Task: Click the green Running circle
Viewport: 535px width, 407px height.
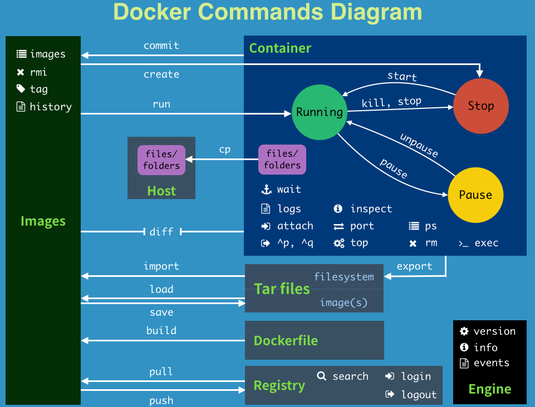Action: [320, 112]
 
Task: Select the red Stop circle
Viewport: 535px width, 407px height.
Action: [480, 106]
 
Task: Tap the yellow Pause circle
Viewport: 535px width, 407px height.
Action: [475, 195]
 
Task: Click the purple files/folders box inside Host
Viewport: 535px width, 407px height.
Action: [161, 160]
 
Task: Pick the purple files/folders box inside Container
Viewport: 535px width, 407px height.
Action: [282, 160]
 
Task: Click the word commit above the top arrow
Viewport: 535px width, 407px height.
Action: [161, 46]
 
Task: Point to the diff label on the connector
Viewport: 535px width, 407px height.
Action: [161, 231]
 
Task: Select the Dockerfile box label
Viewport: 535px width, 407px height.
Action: [286, 340]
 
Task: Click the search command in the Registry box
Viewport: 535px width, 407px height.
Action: [350, 376]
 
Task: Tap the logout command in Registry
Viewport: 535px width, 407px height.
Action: [419, 395]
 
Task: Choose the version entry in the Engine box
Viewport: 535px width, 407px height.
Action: [494, 331]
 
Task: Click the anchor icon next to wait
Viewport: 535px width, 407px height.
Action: [266, 190]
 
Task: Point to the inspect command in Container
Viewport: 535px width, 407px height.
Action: [371, 209]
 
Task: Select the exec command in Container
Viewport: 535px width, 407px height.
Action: [486, 243]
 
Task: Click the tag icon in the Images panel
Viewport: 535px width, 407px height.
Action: [21, 89]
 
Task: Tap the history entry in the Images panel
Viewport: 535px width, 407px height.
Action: [51, 107]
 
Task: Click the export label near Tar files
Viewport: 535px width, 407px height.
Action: [414, 266]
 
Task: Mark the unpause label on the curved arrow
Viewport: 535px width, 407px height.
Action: [419, 145]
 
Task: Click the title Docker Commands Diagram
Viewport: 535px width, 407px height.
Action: [267, 12]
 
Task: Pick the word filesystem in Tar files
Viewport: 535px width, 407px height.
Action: [343, 276]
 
